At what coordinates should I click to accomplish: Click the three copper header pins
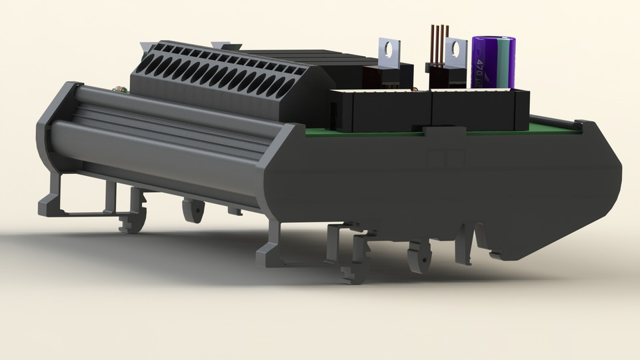(439, 43)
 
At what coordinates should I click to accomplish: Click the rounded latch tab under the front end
(418, 256)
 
